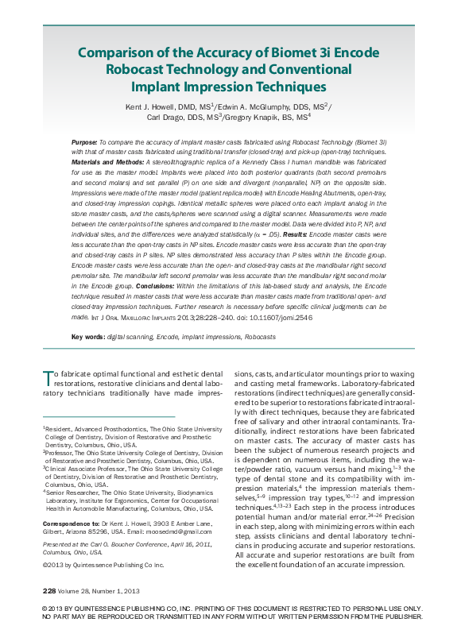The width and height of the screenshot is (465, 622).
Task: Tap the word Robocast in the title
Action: [141, 69]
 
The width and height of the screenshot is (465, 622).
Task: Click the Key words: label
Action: [87, 337]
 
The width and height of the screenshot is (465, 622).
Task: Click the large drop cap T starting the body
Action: [47, 374]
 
